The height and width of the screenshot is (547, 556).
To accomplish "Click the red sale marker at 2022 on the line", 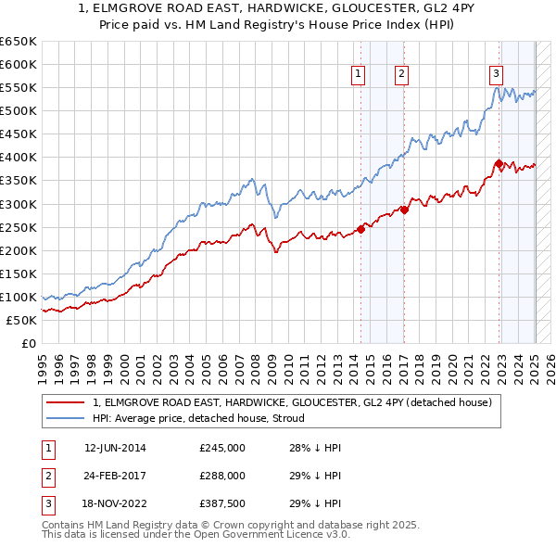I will tap(499, 163).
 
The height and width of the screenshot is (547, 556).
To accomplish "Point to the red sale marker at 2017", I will tap(404, 210).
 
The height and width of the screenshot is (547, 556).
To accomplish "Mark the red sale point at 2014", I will tap(360, 230).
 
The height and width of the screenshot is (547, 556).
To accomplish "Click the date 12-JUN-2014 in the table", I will tap(115, 448).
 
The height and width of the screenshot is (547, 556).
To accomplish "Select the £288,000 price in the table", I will tap(222, 476).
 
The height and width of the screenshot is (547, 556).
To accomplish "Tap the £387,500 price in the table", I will tap(222, 503).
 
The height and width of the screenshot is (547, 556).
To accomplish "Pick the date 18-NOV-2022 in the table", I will tap(115, 503).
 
